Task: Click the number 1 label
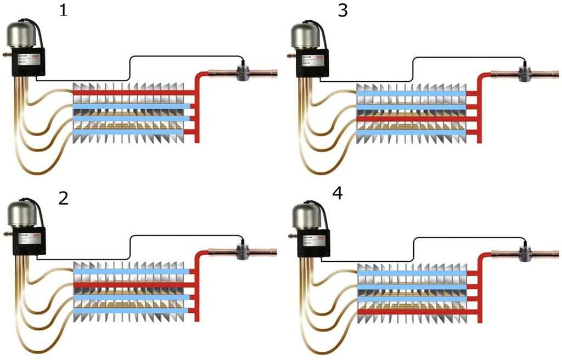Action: pyautogui.click(x=64, y=12)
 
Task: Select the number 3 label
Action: pyautogui.click(x=343, y=12)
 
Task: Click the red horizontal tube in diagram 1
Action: pyautogui.click(x=132, y=93)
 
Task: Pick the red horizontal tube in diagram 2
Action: pyautogui.click(x=132, y=284)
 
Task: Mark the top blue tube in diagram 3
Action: pyautogui.click(x=412, y=93)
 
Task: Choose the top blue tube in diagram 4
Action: pyautogui.click(x=412, y=273)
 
